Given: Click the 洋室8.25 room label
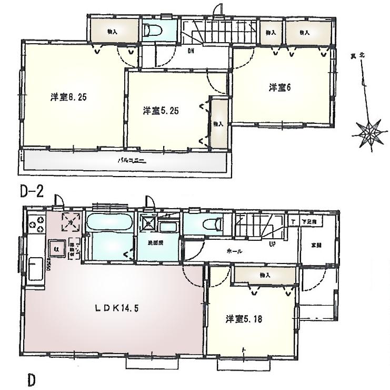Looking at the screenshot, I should [x=65, y=97].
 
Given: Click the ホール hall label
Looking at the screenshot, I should [x=234, y=251].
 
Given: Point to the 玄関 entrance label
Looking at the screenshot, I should [x=315, y=246].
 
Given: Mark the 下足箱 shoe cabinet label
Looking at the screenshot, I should [x=308, y=222].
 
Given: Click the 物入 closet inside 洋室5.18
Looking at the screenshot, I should [x=264, y=275].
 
